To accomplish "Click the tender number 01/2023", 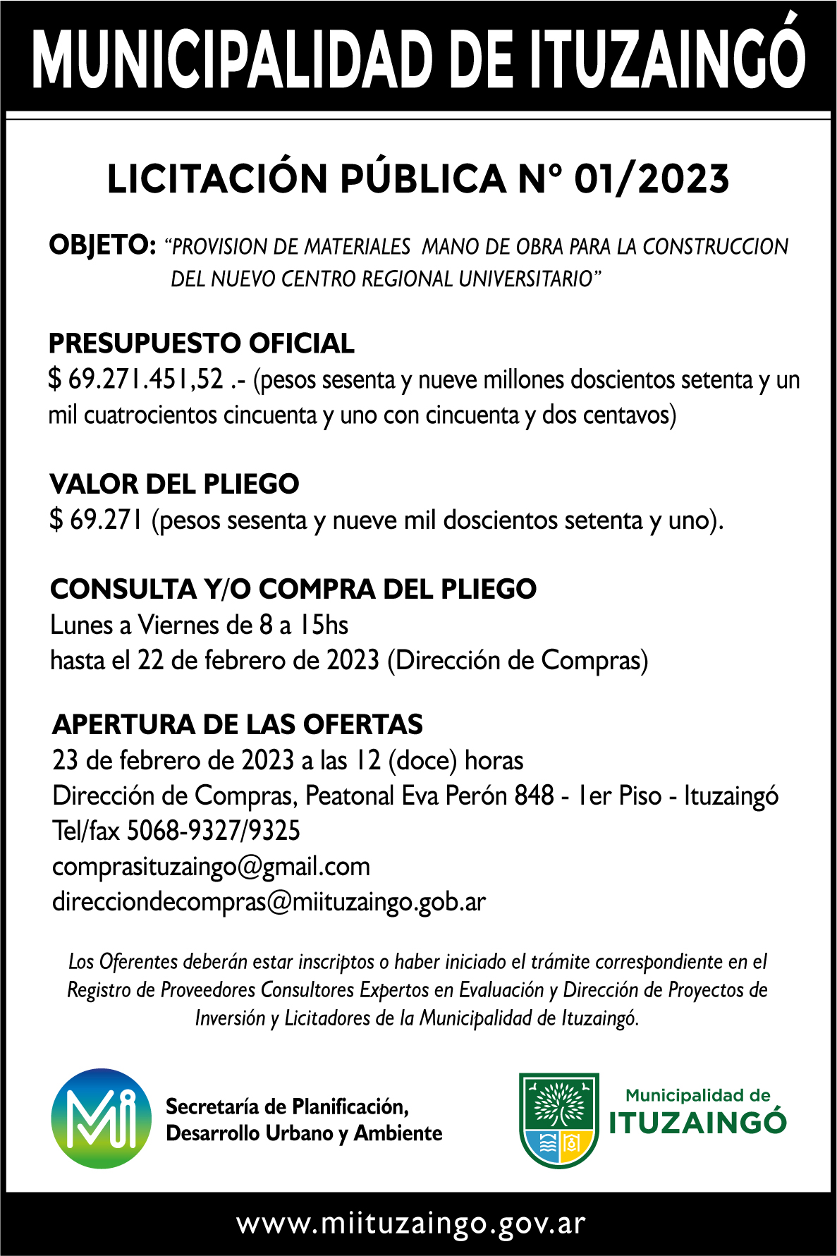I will [x=652, y=179].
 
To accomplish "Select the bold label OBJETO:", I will [x=102, y=245].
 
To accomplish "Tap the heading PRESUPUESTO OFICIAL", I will [x=202, y=343].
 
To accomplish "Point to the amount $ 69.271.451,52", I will [x=135, y=380].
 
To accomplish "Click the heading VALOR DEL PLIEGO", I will [x=175, y=484].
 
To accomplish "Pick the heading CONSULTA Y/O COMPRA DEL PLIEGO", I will [x=293, y=590].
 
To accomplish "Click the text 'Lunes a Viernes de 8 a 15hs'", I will [x=200, y=625].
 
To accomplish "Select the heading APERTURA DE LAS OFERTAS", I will [x=238, y=725].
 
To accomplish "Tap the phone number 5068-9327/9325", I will [x=214, y=831].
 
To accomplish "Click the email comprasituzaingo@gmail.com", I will [x=212, y=867].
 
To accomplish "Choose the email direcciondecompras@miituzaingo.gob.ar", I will [x=269, y=902].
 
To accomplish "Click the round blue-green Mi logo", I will [x=102, y=1118].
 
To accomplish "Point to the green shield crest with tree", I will [x=559, y=1120].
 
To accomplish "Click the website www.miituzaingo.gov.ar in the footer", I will [x=411, y=1224].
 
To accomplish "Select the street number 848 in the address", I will [x=534, y=795].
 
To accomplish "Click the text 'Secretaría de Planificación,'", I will [x=287, y=1106].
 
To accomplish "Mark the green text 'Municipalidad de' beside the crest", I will [x=698, y=1095].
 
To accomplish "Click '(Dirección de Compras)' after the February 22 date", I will [x=518, y=661].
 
